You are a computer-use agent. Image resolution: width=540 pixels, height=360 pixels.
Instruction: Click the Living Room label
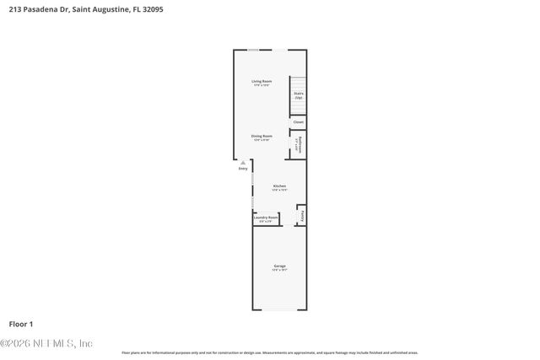tap(261, 81)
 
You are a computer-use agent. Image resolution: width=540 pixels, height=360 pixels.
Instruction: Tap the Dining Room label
tap(261, 136)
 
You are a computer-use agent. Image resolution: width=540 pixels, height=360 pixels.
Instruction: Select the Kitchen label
tap(278, 185)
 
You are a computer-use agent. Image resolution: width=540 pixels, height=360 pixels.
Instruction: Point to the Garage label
tap(279, 266)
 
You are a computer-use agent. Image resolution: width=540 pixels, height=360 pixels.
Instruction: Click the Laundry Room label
tap(266, 218)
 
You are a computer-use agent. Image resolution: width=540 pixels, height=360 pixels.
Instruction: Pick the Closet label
tap(298, 122)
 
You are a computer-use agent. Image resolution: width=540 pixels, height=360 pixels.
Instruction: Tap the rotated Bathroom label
tap(300, 145)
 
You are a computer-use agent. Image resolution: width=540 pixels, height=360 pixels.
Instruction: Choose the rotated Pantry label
tap(302, 217)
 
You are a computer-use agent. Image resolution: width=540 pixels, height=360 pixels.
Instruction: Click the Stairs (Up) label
tap(298, 96)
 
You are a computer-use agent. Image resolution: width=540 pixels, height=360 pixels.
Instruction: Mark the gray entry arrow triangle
tap(243, 162)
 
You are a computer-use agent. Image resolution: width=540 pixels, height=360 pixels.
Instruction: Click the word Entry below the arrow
tap(243, 169)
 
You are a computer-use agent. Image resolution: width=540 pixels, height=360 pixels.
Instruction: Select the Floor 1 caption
tap(20, 324)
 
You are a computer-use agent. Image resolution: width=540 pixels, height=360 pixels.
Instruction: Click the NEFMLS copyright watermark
tap(46, 343)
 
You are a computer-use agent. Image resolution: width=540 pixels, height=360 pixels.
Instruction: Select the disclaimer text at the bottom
tap(270, 352)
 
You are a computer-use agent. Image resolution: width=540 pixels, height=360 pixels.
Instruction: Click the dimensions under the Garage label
tap(279, 271)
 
